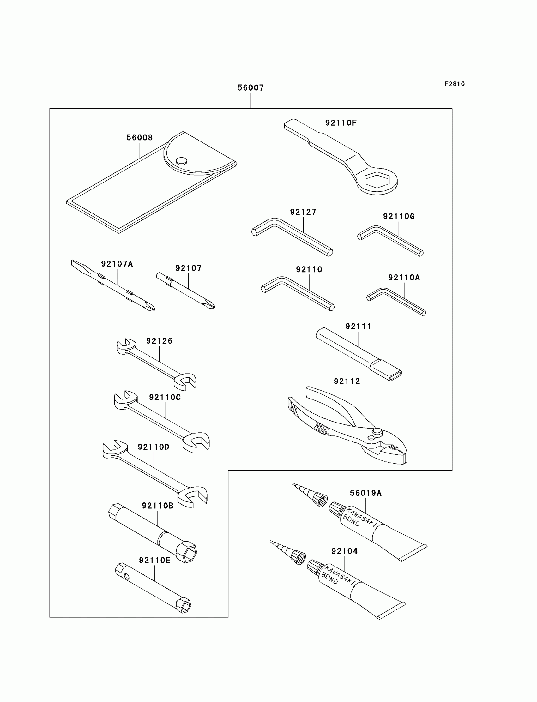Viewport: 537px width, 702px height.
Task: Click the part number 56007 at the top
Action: tap(250, 88)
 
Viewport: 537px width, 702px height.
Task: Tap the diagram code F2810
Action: tap(455, 84)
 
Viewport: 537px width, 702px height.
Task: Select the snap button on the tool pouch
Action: tap(182, 160)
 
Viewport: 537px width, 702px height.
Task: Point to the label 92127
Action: tap(303, 212)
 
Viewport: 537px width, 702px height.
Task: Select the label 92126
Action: tap(159, 341)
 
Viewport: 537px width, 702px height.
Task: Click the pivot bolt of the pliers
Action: tap(377, 432)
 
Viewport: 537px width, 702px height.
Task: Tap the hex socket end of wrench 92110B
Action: tap(186, 552)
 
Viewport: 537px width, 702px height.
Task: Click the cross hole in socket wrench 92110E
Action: tap(127, 577)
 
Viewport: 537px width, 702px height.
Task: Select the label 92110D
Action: tap(154, 447)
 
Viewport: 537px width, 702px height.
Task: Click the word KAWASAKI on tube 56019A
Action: tap(361, 516)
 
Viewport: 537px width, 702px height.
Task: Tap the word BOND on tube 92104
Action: tap(329, 578)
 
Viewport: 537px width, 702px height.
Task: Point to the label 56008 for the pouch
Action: tap(139, 138)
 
